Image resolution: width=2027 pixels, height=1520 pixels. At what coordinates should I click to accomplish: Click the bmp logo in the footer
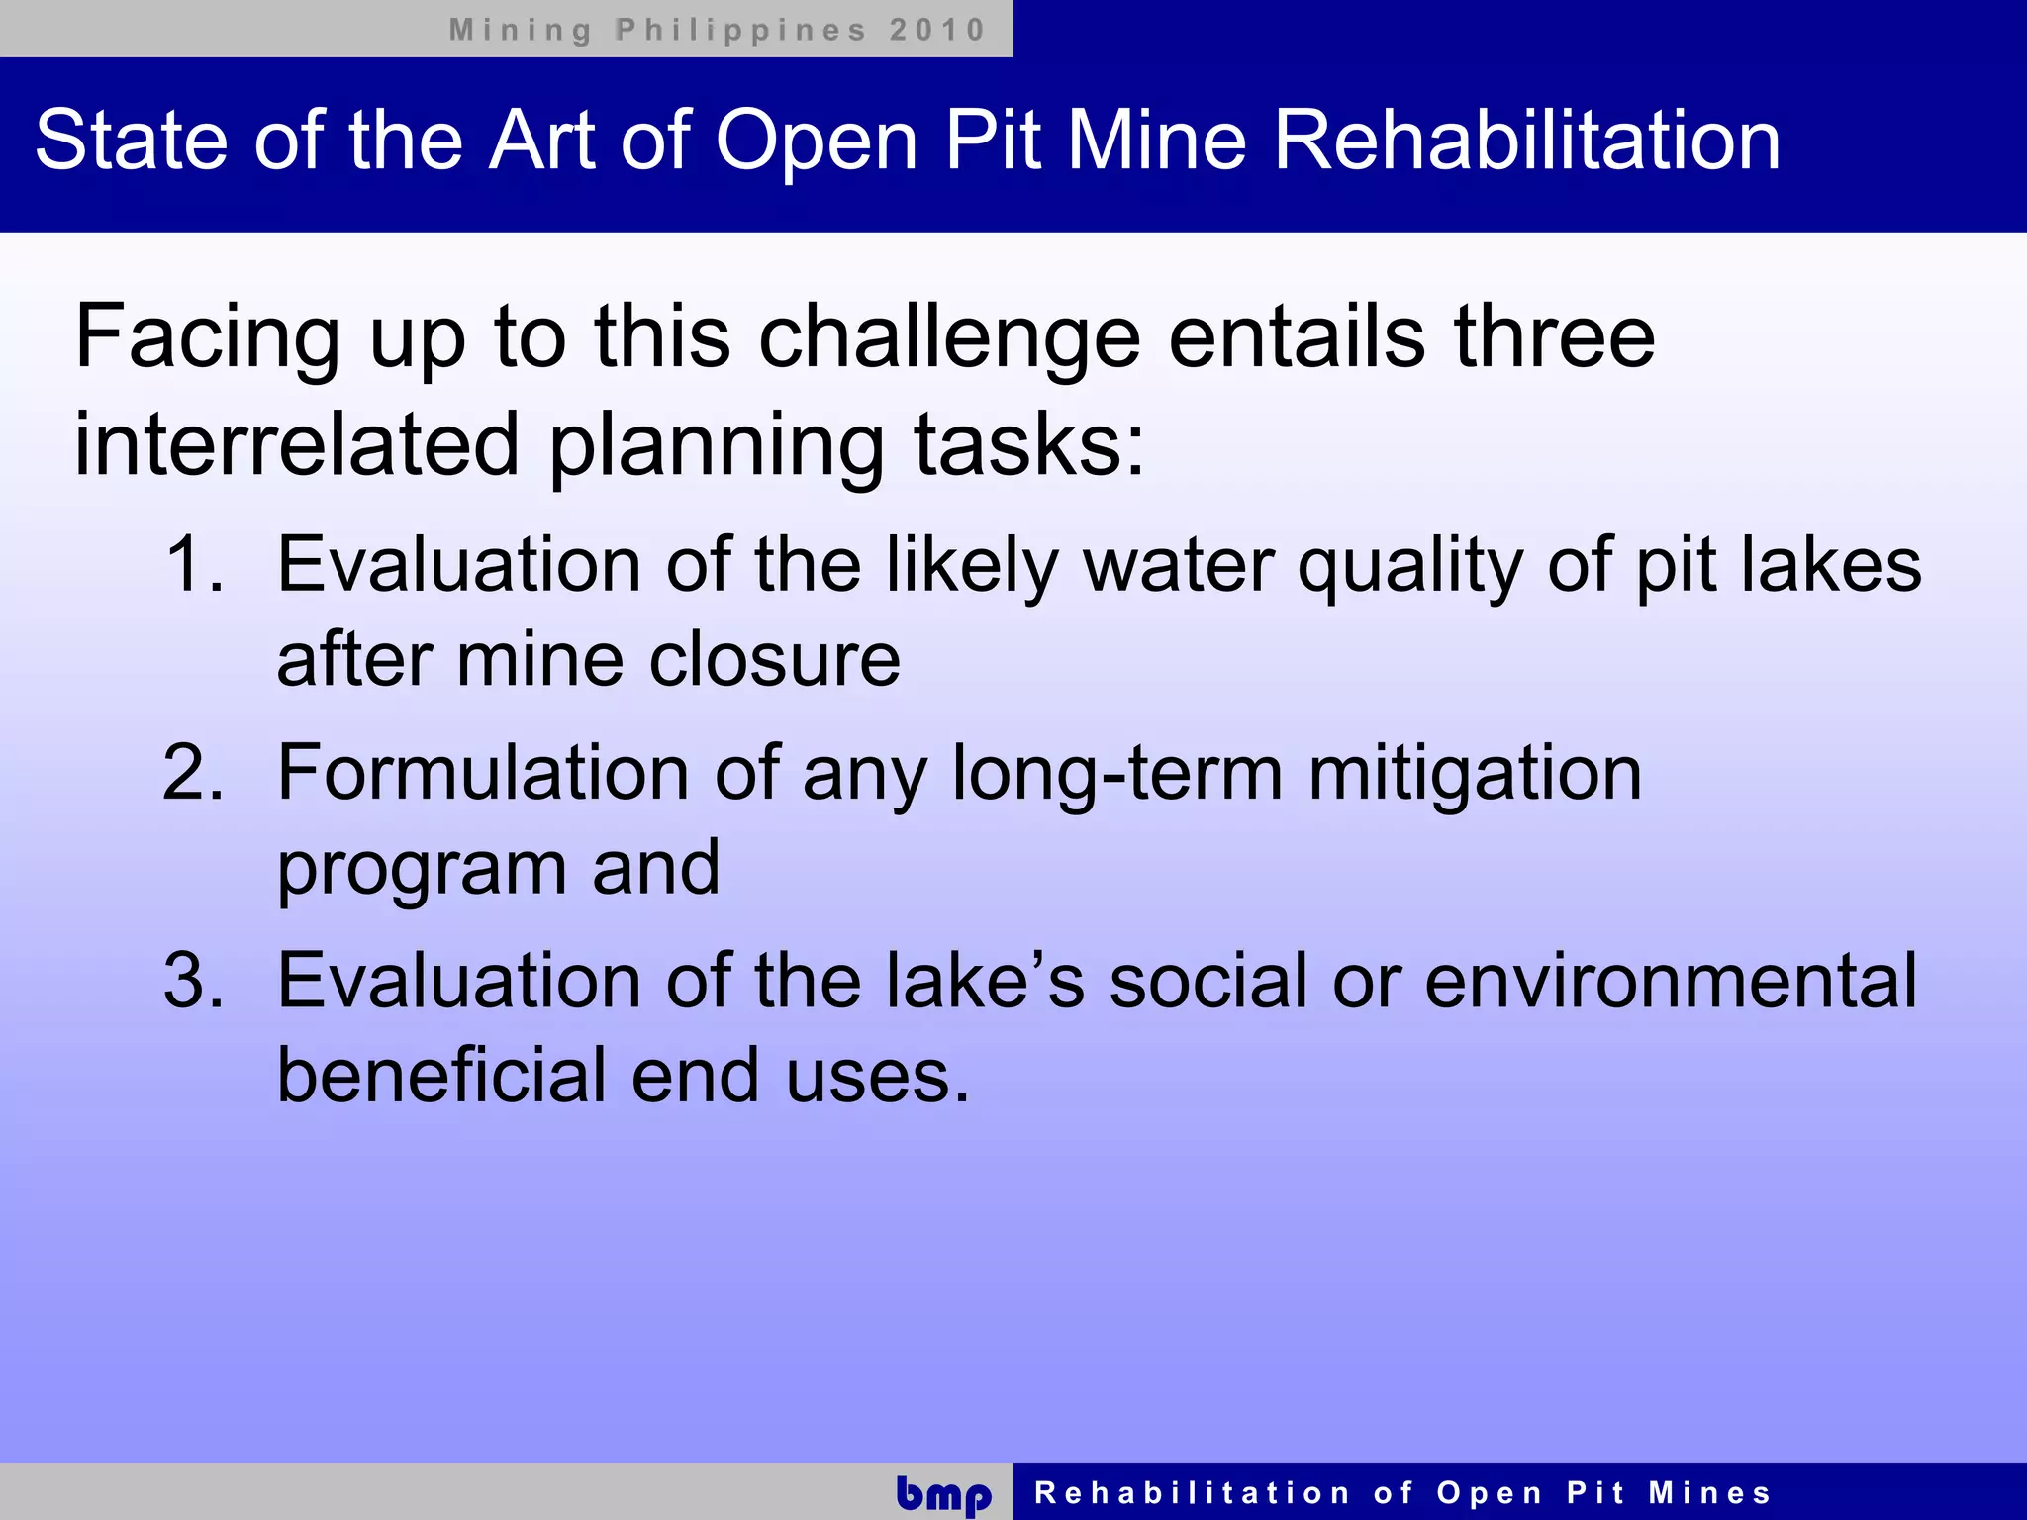[943, 1494]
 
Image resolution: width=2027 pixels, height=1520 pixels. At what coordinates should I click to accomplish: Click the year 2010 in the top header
[936, 30]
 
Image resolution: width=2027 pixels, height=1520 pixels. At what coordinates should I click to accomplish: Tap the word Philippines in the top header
[740, 30]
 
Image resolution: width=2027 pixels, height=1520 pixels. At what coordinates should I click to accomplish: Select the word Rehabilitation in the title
[1526, 141]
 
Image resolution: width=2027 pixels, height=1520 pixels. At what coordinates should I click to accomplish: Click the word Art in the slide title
[542, 141]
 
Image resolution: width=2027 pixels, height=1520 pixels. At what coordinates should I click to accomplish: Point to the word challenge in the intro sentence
[949, 339]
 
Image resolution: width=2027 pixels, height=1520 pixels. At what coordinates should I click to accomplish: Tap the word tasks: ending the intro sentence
[1029, 444]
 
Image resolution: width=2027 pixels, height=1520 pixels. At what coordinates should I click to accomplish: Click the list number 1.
[194, 565]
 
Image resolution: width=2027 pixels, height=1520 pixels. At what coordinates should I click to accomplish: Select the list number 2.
[194, 773]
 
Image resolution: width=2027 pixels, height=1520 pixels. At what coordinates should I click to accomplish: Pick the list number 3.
[194, 981]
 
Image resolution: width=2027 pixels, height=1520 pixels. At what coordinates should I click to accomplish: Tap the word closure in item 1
[775, 660]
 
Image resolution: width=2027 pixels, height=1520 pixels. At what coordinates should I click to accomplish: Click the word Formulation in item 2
[482, 773]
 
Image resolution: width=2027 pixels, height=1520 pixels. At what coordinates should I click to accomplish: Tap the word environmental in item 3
[1671, 981]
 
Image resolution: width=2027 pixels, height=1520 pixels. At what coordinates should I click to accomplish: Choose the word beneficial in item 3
[441, 1076]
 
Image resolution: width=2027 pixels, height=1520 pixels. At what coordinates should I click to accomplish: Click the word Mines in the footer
[1709, 1493]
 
